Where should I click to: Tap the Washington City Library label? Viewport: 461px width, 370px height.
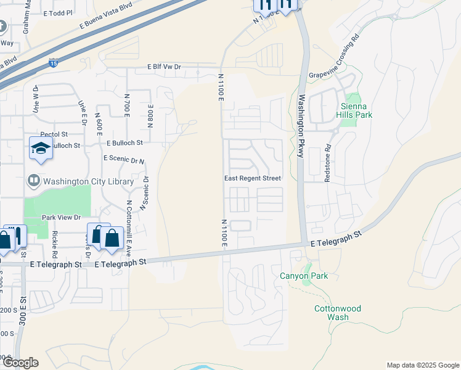tap(88, 181)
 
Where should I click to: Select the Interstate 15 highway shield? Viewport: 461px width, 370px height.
tap(54, 62)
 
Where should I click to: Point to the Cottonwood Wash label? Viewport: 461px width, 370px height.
tap(337, 313)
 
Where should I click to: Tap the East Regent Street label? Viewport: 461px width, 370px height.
tap(252, 178)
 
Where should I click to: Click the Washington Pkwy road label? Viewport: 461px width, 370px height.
tap(301, 126)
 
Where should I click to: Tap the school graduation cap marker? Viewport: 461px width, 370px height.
tap(41, 148)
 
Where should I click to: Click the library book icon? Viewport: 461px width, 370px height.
tap(34, 181)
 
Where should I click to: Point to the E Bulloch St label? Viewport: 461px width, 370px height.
tap(124, 142)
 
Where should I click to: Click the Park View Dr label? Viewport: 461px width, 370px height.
tap(61, 217)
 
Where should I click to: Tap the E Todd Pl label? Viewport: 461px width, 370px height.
tap(59, 12)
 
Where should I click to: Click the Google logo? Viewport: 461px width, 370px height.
tap(20, 363)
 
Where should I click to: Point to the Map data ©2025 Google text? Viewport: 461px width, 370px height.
tap(422, 365)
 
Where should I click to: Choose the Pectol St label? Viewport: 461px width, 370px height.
tap(54, 134)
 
